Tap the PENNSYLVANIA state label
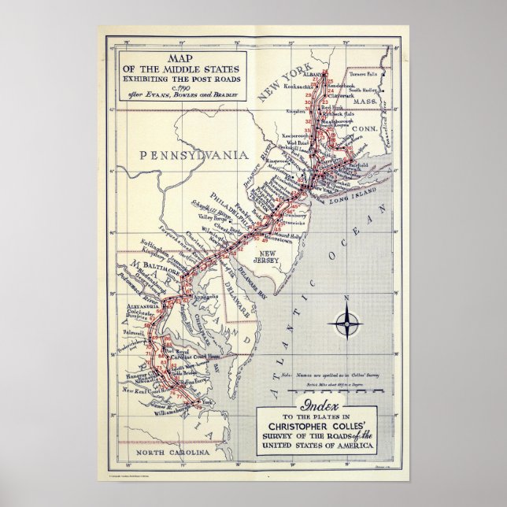click(x=194, y=155)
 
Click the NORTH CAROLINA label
click(x=172, y=453)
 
